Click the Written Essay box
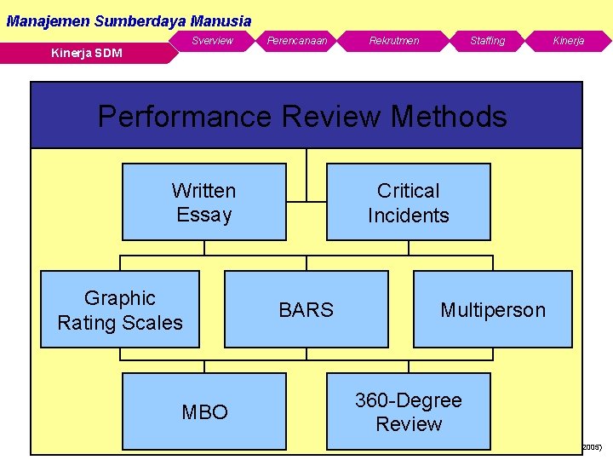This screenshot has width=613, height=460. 204,202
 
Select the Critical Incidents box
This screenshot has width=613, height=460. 409,202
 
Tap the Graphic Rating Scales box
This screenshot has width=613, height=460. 120,309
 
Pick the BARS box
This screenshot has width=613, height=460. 306,309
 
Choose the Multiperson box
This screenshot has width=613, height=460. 492,309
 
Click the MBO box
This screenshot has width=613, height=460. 204,411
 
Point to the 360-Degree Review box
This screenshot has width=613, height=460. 409,411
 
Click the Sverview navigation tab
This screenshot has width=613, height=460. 212,41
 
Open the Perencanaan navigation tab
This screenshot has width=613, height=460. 297,41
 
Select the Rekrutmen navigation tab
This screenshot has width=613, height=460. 393,41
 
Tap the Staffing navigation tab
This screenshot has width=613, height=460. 487,41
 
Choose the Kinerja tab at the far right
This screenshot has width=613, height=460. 568,41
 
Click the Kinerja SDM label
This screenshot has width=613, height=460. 86,54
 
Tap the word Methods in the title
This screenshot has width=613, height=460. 452,116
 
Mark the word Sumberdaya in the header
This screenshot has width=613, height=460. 142,20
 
